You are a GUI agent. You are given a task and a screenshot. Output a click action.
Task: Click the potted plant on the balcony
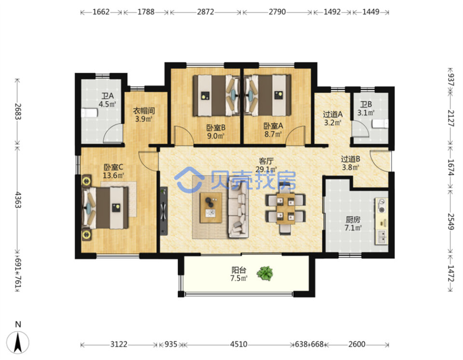click(x=265, y=273)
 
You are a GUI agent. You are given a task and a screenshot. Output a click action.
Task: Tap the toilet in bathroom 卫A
click(x=89, y=113)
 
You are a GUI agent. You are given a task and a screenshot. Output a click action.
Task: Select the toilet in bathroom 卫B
click(x=381, y=124)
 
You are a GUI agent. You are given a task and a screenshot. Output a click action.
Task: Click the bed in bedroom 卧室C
click(x=105, y=208)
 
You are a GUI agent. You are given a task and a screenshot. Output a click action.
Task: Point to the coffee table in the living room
click(x=211, y=207)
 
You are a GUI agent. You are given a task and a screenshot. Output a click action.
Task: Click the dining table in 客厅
click(x=285, y=209)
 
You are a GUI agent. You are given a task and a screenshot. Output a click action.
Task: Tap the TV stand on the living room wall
click(x=163, y=211)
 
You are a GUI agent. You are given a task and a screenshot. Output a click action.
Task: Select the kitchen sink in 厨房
click(x=381, y=236)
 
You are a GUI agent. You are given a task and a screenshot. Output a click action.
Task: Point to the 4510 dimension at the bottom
click(x=239, y=345)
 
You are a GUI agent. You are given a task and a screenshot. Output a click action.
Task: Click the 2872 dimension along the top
click(x=205, y=12)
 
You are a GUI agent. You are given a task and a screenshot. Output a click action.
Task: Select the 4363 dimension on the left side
click(x=18, y=200)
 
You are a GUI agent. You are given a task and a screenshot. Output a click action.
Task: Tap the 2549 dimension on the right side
click(x=450, y=221)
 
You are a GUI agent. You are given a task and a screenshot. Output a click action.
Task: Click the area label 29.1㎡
click(x=266, y=169)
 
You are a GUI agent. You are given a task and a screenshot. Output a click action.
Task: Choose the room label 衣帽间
click(x=144, y=111)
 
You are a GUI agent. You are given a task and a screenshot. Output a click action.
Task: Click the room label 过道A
click(x=333, y=114)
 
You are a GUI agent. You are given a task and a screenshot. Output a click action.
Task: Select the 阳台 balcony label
click(x=239, y=270)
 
